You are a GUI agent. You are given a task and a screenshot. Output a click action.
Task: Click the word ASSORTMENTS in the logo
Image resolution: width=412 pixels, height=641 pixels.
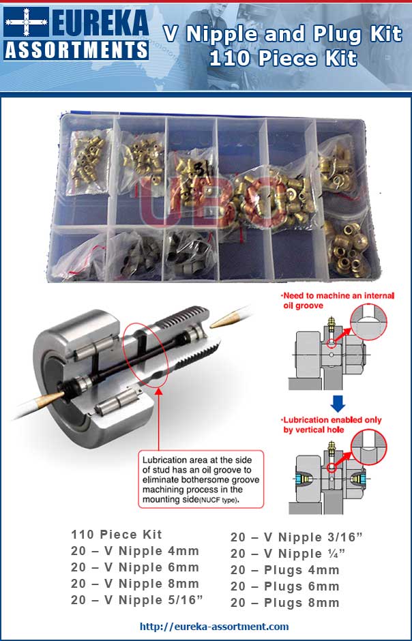tap(76, 50)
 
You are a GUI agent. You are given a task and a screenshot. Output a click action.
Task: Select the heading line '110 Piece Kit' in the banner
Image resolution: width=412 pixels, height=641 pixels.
tap(283, 59)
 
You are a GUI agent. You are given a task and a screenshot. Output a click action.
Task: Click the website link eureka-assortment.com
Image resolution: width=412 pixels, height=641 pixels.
tap(214, 626)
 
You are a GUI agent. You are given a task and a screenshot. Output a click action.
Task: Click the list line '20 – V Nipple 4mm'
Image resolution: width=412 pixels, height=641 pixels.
tap(135, 551)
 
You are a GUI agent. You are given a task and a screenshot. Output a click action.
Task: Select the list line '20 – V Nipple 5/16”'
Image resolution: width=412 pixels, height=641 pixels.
tap(138, 600)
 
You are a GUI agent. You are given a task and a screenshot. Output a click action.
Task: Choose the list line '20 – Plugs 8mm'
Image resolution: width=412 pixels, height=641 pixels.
tap(284, 603)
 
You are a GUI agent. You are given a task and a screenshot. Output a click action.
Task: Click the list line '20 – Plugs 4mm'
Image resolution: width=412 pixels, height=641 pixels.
tap(284, 570)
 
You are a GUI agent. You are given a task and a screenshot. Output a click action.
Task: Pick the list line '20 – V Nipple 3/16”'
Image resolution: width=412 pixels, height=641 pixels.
tap(297, 537)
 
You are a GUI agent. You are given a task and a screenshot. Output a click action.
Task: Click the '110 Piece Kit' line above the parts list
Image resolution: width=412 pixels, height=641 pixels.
tap(117, 535)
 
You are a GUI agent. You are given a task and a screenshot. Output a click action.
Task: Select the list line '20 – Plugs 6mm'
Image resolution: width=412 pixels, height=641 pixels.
tap(284, 586)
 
